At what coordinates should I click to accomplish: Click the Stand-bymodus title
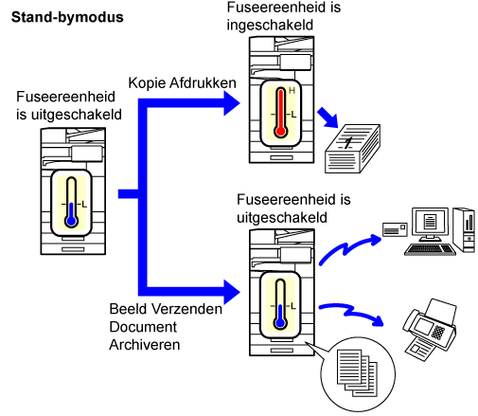tap(67, 17)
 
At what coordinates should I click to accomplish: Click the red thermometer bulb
tap(280, 131)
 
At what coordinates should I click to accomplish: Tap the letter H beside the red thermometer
tap(292, 91)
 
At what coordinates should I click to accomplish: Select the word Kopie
tap(147, 83)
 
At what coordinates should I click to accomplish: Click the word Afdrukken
tap(203, 83)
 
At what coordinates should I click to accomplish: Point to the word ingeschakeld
tap(270, 26)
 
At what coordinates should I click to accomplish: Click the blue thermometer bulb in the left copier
tap(71, 221)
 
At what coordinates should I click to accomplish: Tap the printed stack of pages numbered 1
tap(352, 149)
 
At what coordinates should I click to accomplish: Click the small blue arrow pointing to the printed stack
tap(328, 118)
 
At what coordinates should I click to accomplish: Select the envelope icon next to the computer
tap(395, 229)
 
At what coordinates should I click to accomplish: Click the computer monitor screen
tap(430, 222)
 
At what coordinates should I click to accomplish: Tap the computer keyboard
tap(431, 250)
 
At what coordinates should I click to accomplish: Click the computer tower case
tap(464, 229)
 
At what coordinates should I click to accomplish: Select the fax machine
tap(430, 329)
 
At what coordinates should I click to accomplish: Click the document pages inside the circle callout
tap(357, 372)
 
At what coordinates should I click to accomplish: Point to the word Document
tap(143, 327)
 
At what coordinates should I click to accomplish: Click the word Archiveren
tap(145, 345)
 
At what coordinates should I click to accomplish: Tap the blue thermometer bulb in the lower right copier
tap(280, 323)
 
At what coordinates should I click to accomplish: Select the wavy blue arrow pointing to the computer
tap(346, 248)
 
